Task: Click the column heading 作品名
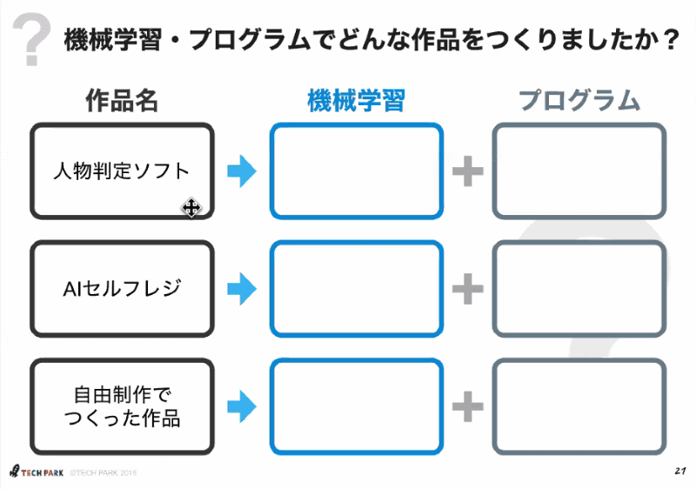122,101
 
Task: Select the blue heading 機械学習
356,101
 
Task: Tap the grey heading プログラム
579,101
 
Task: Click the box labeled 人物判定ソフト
122,171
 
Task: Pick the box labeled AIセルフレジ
122,289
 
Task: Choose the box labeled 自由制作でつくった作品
122,406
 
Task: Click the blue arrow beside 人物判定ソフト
242,171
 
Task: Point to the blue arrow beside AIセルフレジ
242,289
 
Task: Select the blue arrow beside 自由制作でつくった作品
242,405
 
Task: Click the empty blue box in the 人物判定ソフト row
356,171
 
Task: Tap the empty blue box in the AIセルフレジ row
356,289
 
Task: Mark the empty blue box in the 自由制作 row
356,406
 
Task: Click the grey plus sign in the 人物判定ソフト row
467,171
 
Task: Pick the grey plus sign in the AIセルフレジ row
467,289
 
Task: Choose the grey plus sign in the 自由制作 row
467,405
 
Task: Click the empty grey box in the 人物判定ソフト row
579,171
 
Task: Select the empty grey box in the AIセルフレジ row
579,289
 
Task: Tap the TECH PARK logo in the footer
36,472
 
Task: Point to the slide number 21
680,471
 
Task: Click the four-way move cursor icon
191,208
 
